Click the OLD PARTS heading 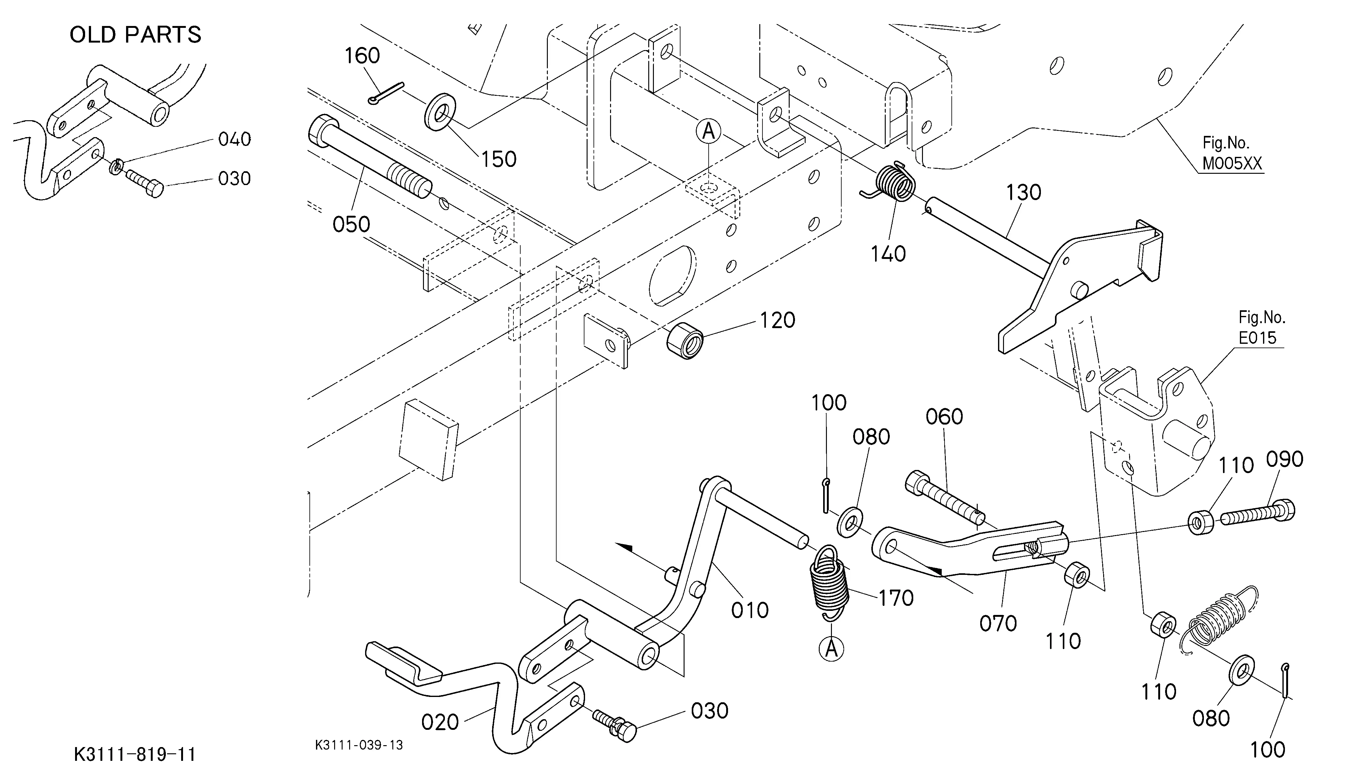point(135,35)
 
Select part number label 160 point(362,55)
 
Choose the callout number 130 point(1024,193)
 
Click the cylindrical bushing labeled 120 point(685,341)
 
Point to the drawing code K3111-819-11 point(135,755)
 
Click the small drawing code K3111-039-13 point(359,745)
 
